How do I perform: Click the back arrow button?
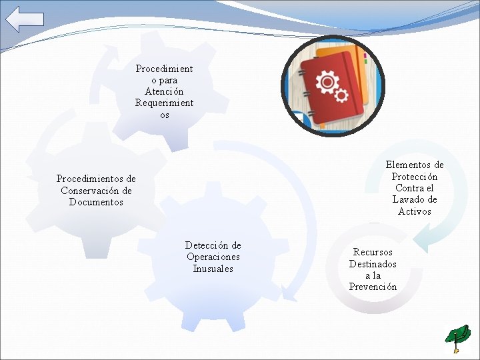coord(25,19)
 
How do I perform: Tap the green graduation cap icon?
coord(458,335)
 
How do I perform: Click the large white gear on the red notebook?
coord(327,83)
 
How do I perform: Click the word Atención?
coord(164,91)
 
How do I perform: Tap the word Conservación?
coord(96,191)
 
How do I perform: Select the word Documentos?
coord(96,203)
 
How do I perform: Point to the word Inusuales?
coord(213,269)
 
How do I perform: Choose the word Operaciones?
coord(213,257)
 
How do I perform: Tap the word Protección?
coord(415,177)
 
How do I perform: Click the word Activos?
coord(415,211)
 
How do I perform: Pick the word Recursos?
coord(373,252)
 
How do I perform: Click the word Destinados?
coord(373,264)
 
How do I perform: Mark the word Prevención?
coord(373,287)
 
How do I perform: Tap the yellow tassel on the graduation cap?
coord(456,348)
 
